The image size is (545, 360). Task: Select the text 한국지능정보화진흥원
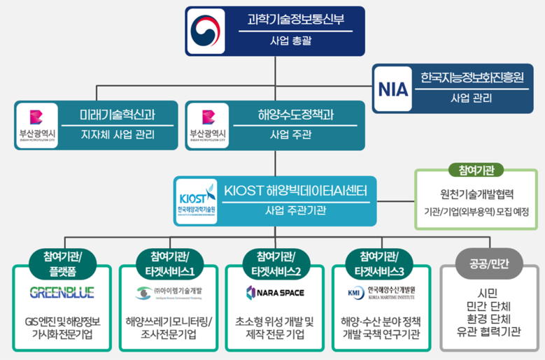coord(472,77)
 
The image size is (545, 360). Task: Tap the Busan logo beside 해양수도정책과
coord(207,125)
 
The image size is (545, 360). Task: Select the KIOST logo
coord(197,200)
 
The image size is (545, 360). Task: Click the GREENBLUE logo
coord(62,291)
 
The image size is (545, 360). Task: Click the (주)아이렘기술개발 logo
coord(168,291)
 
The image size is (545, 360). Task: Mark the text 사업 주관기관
coord(295,210)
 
